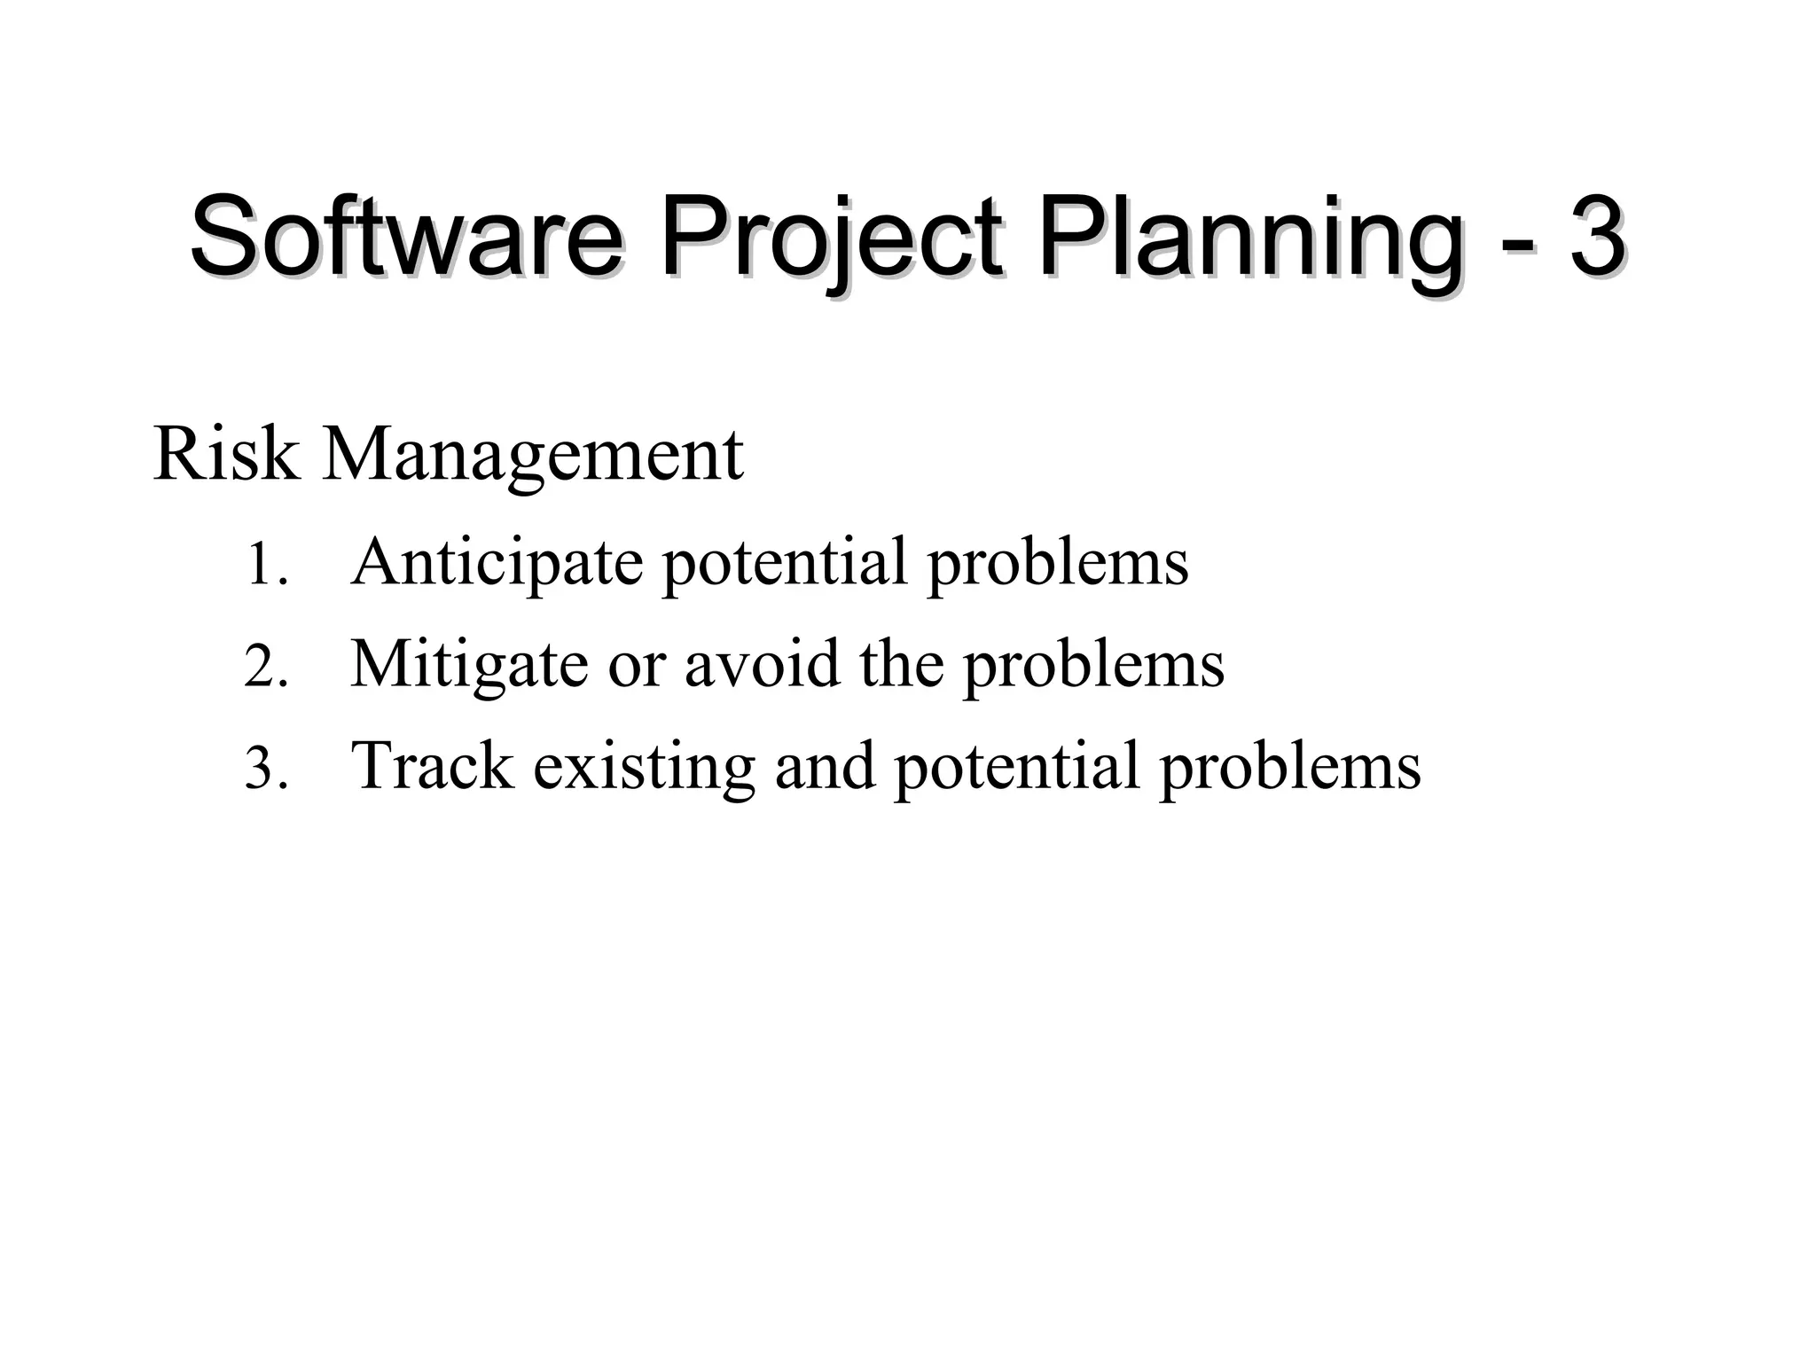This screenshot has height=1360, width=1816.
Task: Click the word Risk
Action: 226,454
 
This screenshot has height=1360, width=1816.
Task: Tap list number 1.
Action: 265,565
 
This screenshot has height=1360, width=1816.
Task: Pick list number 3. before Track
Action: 265,768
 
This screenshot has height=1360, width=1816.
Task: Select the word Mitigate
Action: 469,666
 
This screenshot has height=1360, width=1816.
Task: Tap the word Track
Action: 433,765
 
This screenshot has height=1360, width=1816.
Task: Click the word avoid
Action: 762,664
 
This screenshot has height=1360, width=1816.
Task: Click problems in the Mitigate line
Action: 1093,666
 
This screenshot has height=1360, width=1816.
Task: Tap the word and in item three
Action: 825,766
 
